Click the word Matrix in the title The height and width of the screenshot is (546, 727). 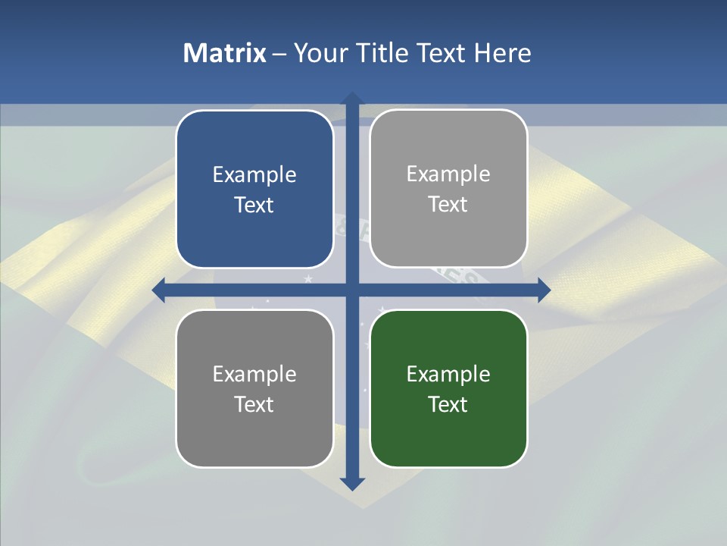coord(224,53)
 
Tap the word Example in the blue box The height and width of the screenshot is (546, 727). coord(254,175)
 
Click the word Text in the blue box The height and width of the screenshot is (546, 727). coord(254,206)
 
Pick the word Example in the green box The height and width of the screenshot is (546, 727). coord(448,374)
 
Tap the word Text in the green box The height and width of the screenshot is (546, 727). coord(448,404)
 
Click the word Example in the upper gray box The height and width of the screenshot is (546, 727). coord(448,174)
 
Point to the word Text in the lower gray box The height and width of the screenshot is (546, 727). coord(254,404)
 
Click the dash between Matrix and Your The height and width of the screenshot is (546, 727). coord(279,54)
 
